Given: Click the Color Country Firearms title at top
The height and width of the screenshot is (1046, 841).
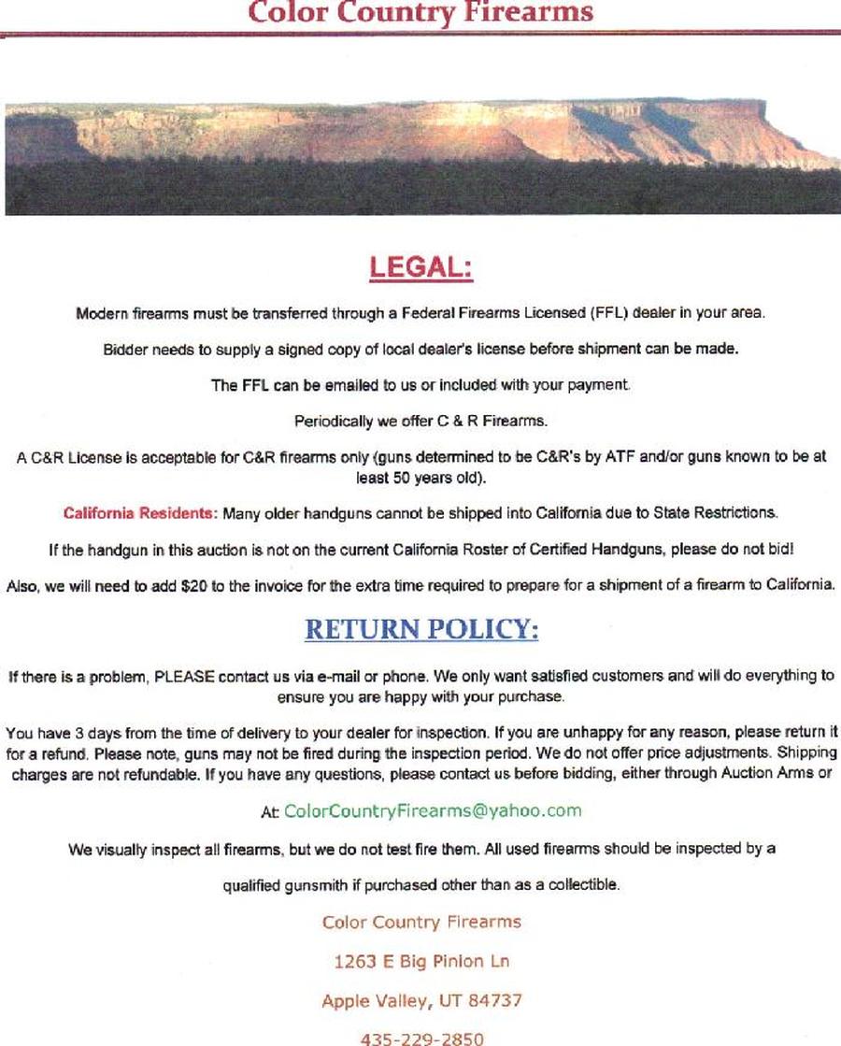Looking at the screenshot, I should tap(420, 12).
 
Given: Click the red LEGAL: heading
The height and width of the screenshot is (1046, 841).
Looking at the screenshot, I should tap(421, 267).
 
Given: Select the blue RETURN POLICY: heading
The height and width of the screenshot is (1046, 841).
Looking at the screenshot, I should tap(421, 630).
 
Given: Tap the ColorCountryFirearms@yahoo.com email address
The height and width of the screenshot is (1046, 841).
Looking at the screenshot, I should tap(432, 810).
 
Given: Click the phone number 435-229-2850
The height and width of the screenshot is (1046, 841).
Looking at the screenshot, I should tap(422, 1038).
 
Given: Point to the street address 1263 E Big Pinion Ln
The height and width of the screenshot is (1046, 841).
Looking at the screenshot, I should tap(421, 961).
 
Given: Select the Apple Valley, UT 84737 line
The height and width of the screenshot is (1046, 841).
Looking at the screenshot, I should tap(421, 1000).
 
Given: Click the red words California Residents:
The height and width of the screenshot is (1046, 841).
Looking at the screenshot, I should tap(140, 513).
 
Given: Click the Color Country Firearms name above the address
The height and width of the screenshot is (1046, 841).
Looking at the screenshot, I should tap(421, 923).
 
